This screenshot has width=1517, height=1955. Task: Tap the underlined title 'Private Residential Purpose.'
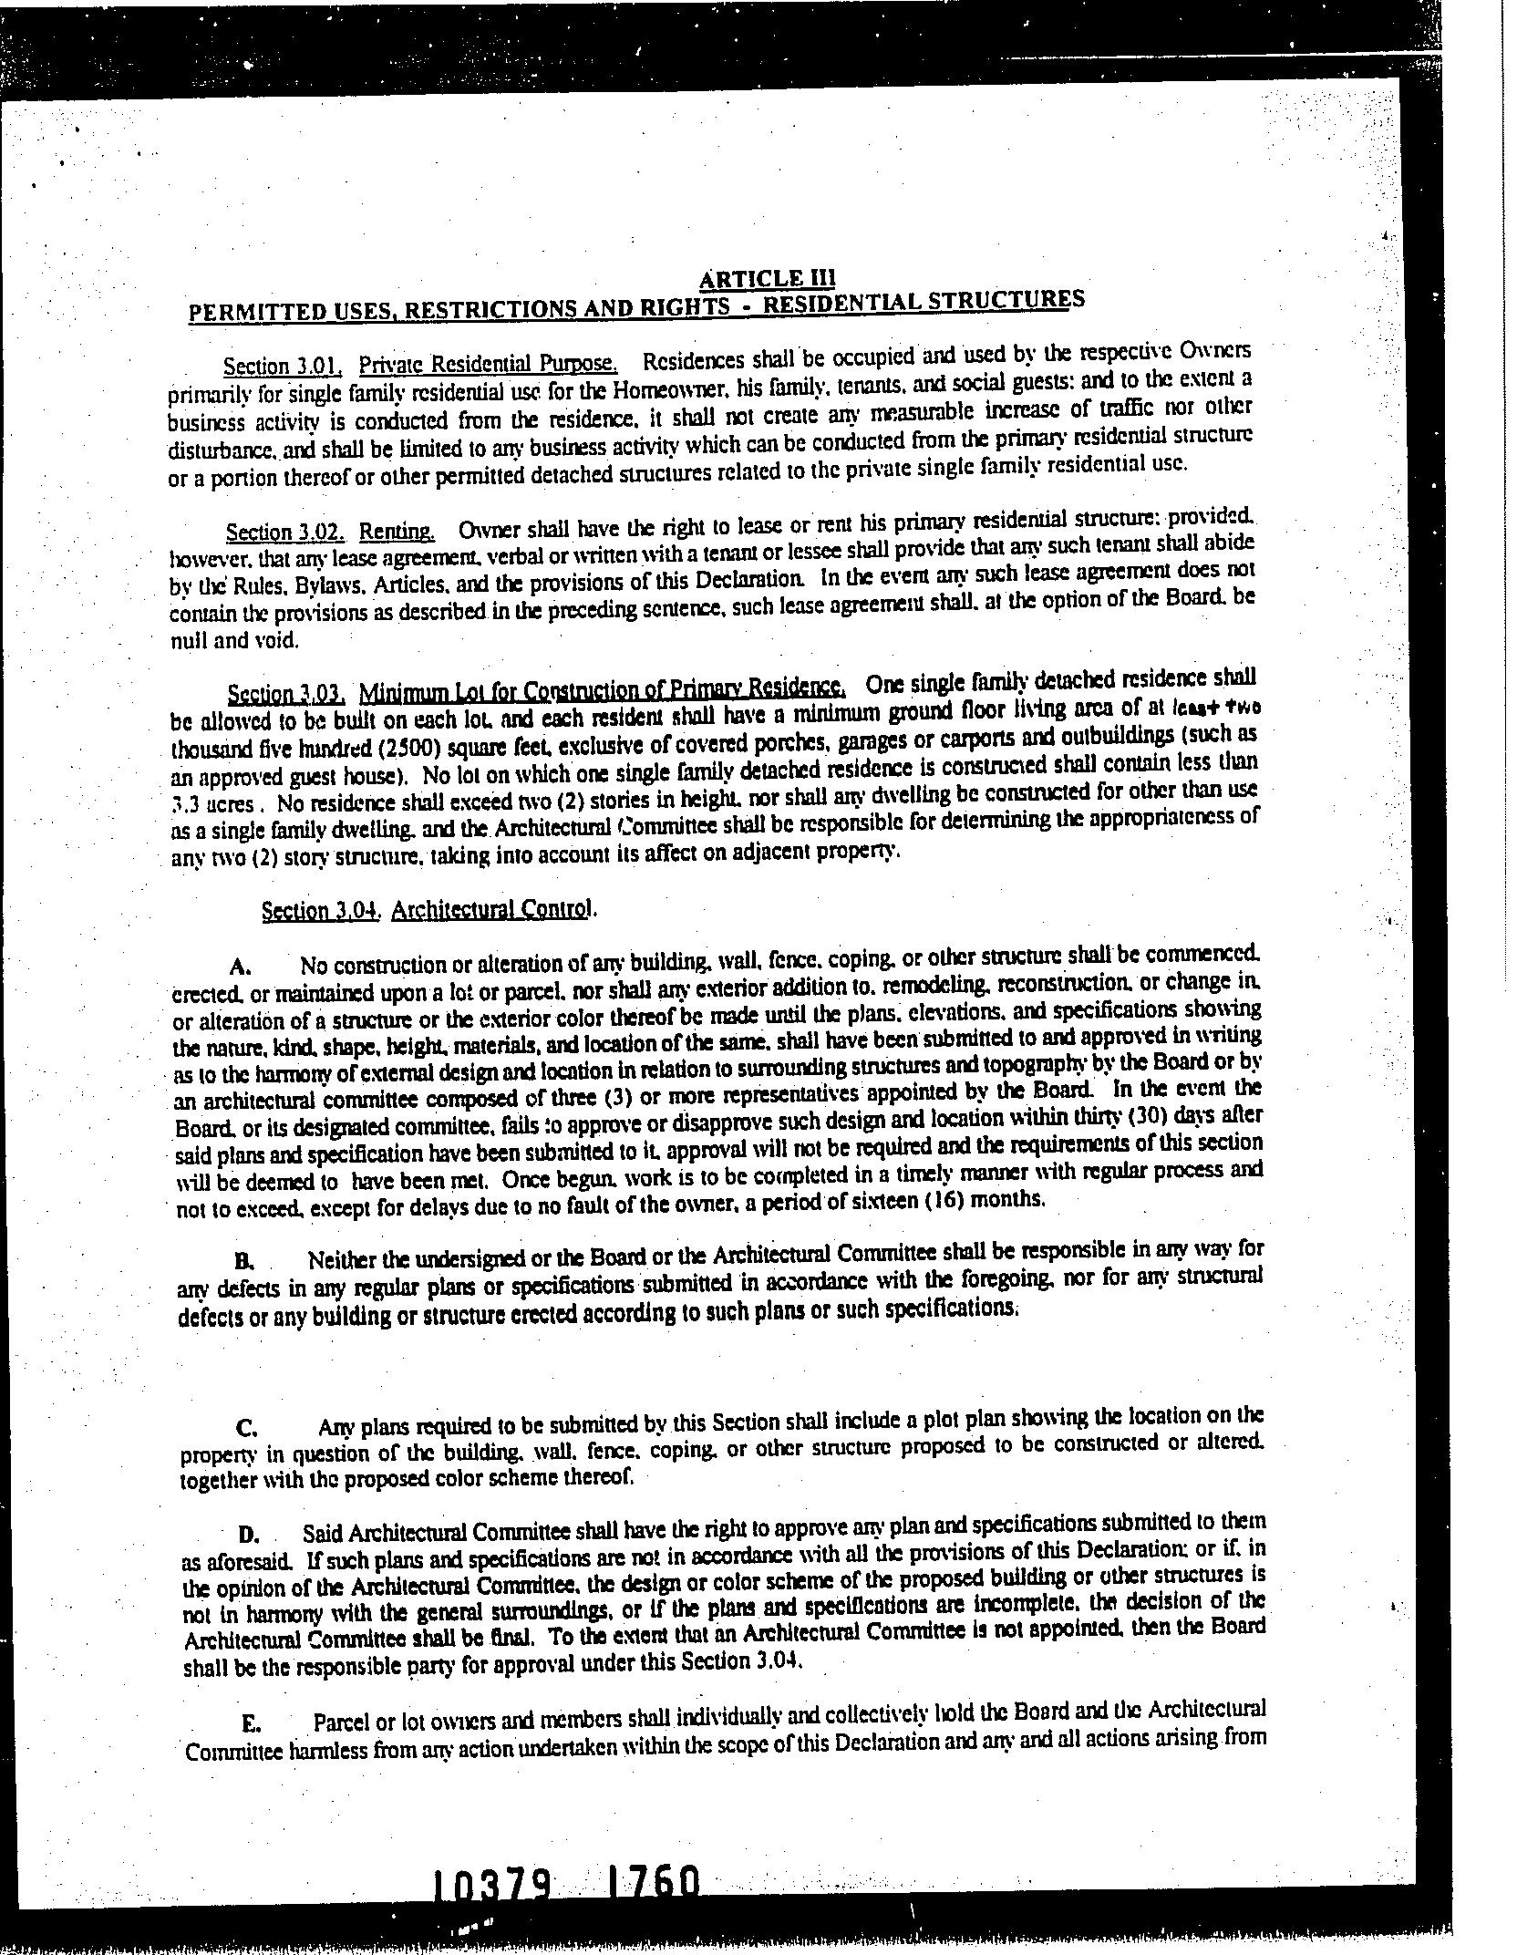click(x=488, y=364)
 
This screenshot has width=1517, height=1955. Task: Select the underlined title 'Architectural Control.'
click(x=493, y=910)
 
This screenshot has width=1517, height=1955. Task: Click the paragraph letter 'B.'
click(x=243, y=1262)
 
